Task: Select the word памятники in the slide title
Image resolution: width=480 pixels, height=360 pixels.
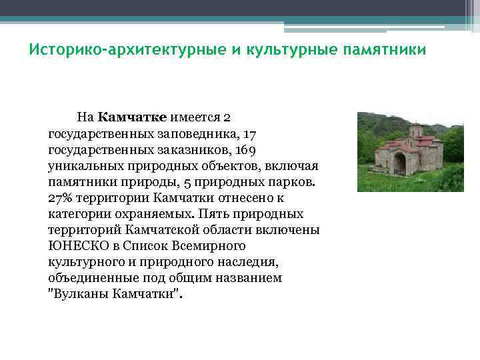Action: [384, 51]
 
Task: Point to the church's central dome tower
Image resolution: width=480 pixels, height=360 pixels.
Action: [415, 131]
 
